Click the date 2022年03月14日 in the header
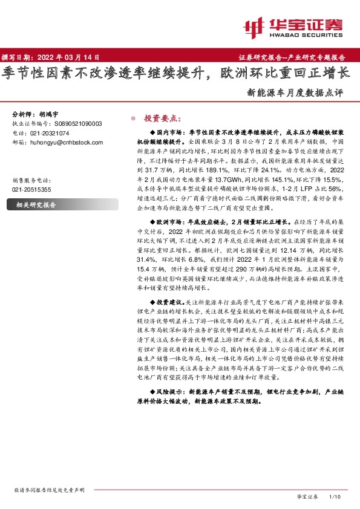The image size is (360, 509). [70, 57]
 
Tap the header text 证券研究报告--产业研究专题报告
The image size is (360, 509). [296, 57]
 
